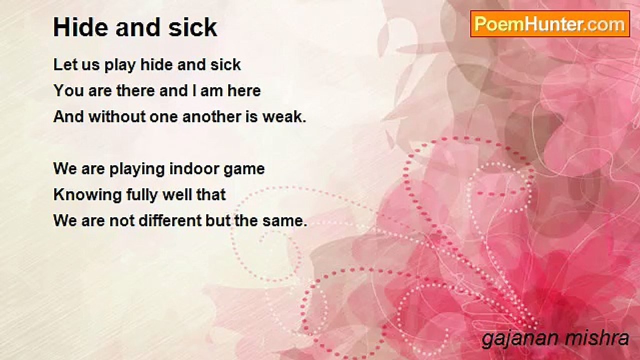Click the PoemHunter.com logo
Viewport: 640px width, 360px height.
coord(550,24)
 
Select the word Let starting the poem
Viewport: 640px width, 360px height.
coord(63,64)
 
